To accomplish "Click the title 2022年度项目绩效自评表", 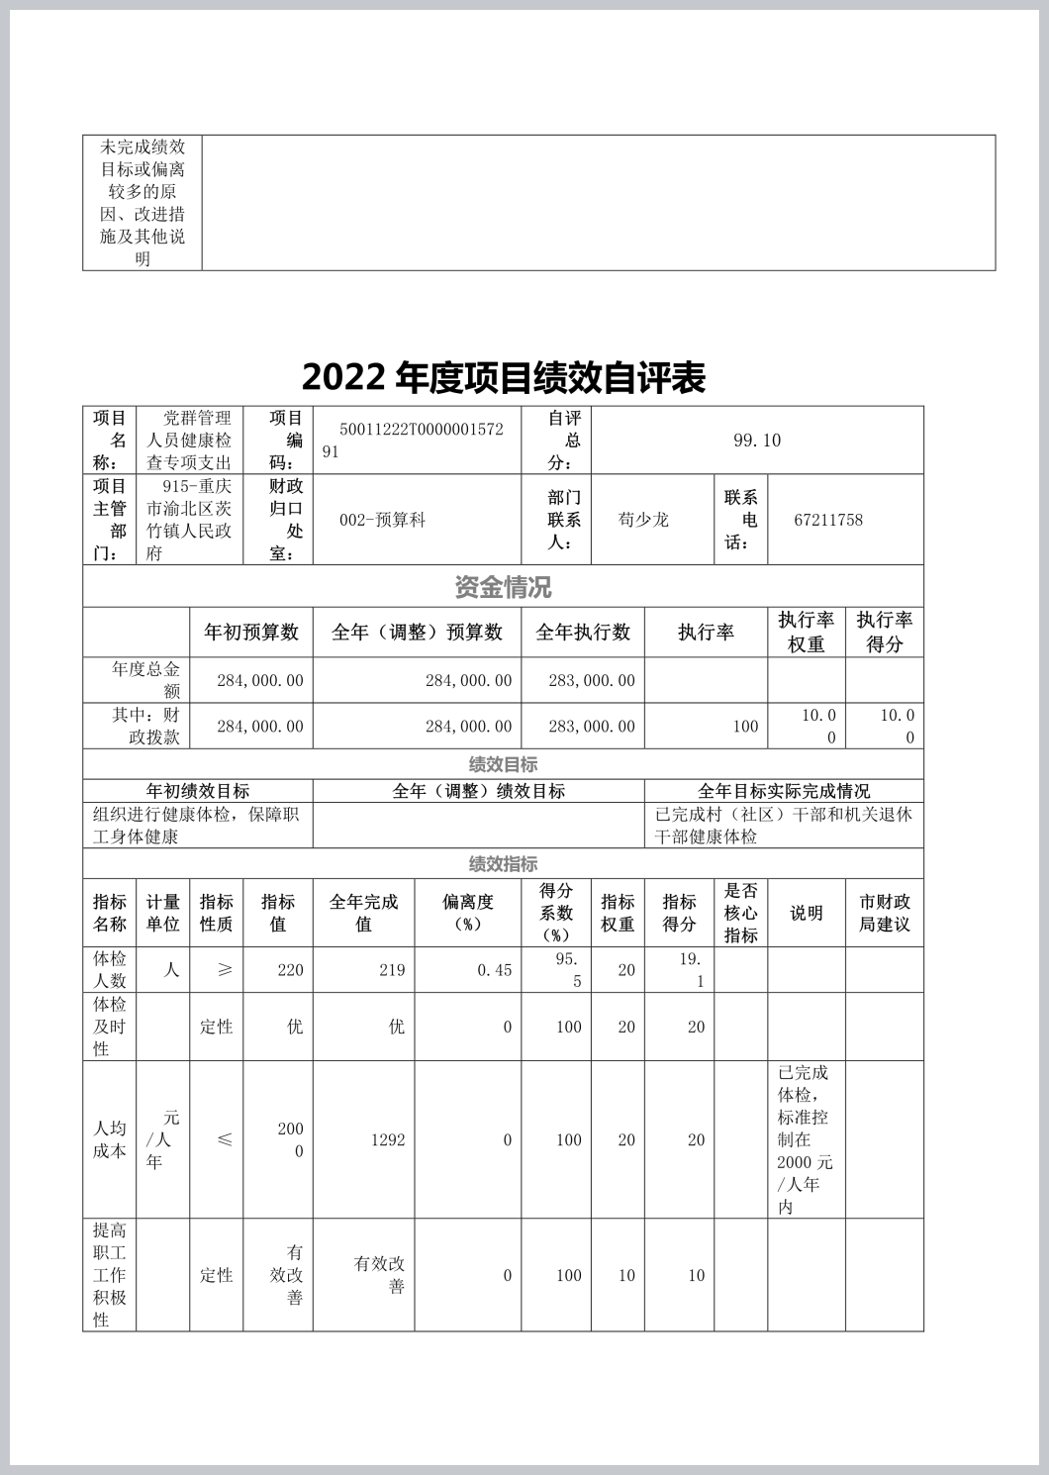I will [x=503, y=377].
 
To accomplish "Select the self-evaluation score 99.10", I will [x=757, y=441].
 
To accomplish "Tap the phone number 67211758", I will [x=828, y=520].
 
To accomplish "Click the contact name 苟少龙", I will [x=643, y=520].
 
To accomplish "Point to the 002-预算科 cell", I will [x=382, y=520].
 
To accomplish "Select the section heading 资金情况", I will [x=503, y=587].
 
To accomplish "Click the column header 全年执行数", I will [x=583, y=633].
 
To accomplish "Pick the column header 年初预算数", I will [x=251, y=633].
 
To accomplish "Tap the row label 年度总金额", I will [x=145, y=680].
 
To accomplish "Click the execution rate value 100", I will [x=745, y=727].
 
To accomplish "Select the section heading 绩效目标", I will [x=503, y=764].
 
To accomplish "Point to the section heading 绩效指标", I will [x=503, y=864].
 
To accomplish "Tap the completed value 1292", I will [x=388, y=1140].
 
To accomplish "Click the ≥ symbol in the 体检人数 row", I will [x=225, y=970].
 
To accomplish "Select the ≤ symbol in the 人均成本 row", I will [x=225, y=1140].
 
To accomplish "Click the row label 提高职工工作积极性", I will [x=110, y=1275].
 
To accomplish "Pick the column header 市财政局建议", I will [x=884, y=913].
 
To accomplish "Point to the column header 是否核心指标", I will [x=740, y=913].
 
